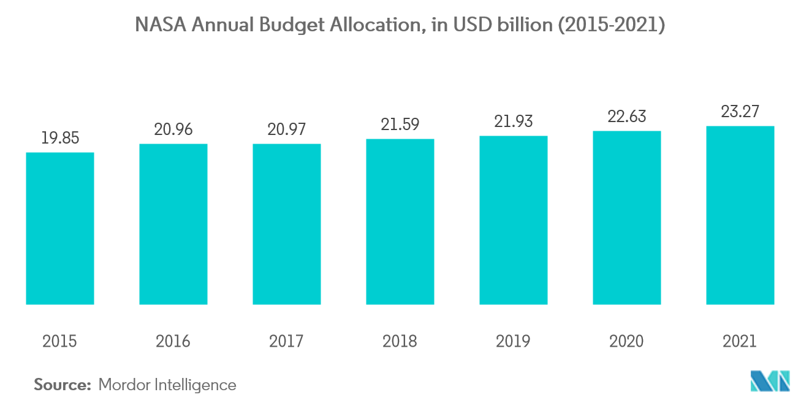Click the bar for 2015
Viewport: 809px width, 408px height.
click(x=60, y=228)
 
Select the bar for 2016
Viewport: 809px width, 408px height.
click(x=173, y=224)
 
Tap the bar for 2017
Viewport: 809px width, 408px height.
click(x=287, y=224)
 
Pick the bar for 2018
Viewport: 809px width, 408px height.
click(x=400, y=221)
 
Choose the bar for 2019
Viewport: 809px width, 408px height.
click(x=514, y=220)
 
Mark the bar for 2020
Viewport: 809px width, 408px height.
click(x=627, y=218)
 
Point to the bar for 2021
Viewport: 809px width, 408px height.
click(x=740, y=215)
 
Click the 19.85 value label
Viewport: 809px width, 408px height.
click(x=60, y=138)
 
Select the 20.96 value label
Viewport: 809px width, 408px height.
click(x=173, y=129)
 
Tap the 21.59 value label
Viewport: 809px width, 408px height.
click(x=400, y=125)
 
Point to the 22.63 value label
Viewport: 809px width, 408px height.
click(x=627, y=117)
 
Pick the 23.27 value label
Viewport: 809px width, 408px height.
click(x=740, y=112)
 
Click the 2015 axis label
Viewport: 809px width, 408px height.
click(x=60, y=341)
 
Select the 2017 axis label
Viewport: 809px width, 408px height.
click(x=287, y=341)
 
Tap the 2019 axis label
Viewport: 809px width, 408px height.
click(x=514, y=341)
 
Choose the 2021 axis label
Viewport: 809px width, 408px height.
click(x=740, y=341)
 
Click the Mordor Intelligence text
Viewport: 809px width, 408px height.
click(x=167, y=385)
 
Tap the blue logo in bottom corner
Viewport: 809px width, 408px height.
click(x=770, y=381)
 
